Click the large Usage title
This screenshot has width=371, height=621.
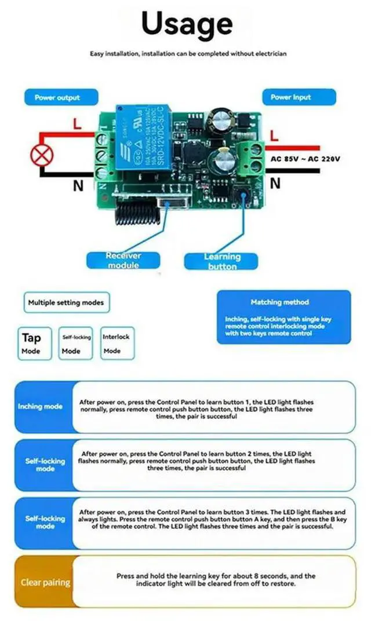coord(187,24)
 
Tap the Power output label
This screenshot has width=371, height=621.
coord(57,97)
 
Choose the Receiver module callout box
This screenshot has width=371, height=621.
coord(122,260)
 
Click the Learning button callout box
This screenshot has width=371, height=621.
coord(221,261)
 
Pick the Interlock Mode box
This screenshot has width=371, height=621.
coord(116,343)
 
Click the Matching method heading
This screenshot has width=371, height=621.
coord(279,302)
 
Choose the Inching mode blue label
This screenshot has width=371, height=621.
coord(41,407)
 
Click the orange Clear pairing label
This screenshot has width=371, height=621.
coord(45,582)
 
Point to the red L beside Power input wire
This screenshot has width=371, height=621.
coord(275,137)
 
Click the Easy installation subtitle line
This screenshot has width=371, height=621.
coord(188,54)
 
